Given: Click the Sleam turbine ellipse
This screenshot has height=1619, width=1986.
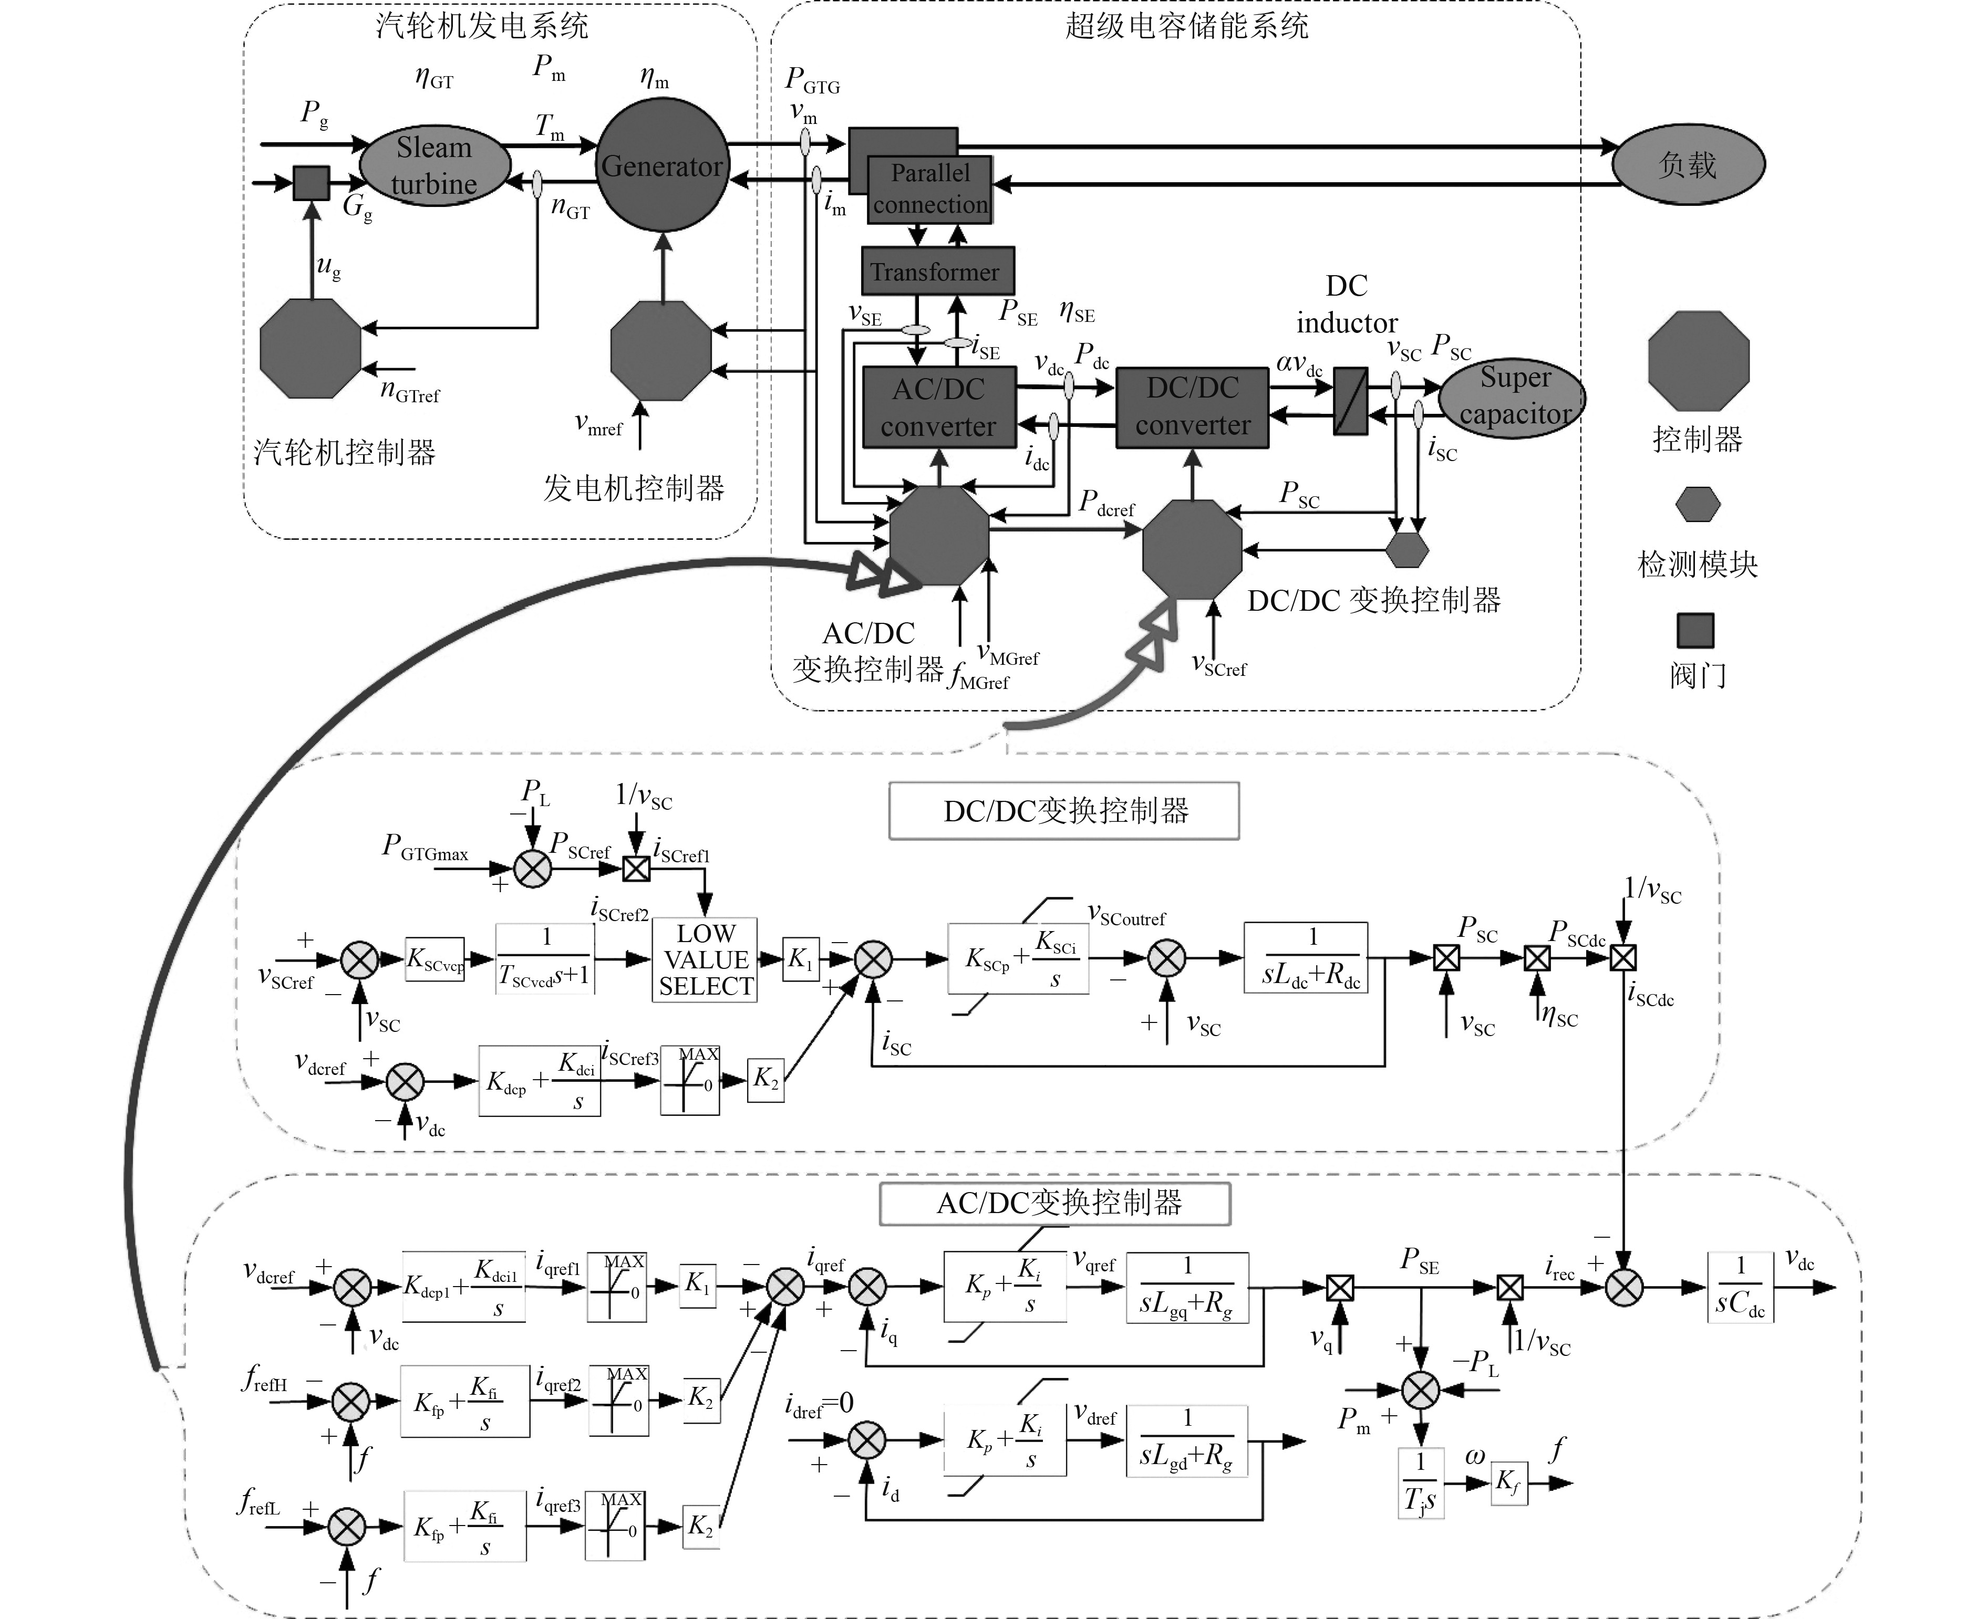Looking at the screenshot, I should pos(435,165).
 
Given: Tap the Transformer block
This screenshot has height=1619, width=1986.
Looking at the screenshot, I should pos(937,271).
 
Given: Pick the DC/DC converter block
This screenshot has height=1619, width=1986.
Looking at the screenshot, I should pos(1192,406).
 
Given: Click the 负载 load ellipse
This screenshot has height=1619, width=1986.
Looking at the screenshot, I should pos(1689,165).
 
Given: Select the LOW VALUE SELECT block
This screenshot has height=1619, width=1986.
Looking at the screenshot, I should pos(705,959).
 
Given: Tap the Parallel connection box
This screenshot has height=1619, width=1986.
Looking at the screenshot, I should pos(930,190).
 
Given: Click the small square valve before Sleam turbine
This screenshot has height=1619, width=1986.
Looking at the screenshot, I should pos(312,183).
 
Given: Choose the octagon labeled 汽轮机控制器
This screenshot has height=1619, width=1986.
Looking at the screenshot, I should pos(309,349).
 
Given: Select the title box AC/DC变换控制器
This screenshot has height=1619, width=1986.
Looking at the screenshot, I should pos(1055,1203).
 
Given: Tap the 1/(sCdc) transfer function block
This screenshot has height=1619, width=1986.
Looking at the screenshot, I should pos(1740,1287).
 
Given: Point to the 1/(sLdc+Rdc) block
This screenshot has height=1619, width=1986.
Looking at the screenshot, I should pos(1306,958).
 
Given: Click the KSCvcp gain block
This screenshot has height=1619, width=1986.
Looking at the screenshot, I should pos(435,959).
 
